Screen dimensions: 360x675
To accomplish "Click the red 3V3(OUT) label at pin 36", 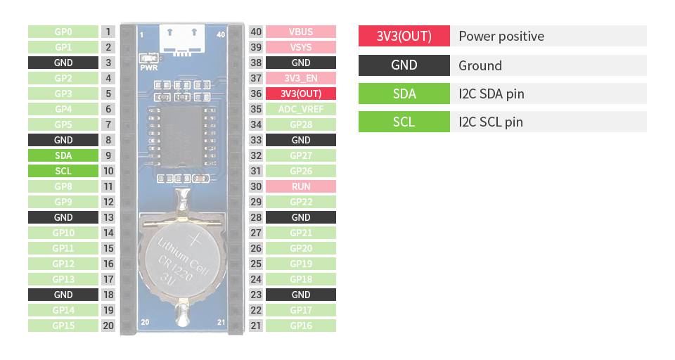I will tap(301, 94).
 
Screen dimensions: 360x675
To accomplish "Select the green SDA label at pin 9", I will tap(63, 155).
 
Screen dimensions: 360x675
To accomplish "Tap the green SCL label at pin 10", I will tap(63, 171).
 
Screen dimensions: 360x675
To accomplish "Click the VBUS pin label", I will tap(301, 32).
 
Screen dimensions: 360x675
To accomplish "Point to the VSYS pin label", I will tap(301, 47).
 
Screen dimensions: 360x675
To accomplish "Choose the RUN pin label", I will tap(301, 186).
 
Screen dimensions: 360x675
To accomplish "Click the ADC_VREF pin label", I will tap(301, 109).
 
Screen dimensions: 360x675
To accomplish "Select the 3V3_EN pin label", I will tap(301, 78).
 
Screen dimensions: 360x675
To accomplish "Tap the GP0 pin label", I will tap(63, 32).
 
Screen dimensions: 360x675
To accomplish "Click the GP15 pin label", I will tap(63, 326).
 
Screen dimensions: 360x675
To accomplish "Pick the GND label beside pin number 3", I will tap(63, 63).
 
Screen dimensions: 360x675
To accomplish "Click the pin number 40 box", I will tap(256, 32).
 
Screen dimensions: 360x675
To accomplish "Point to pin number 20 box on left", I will tap(108, 326).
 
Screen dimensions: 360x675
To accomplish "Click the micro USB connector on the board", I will tap(181, 40).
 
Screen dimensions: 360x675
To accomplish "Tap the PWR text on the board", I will tap(148, 69).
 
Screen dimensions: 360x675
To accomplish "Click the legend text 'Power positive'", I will tap(501, 37).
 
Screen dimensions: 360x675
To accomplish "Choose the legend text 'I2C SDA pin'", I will tap(491, 94).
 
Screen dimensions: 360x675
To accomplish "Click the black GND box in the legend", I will tap(404, 65).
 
